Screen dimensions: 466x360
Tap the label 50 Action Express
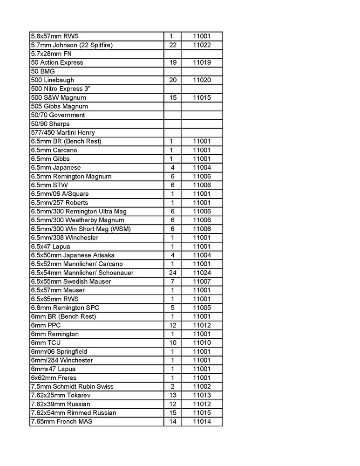57,62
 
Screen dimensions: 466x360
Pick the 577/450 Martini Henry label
62,133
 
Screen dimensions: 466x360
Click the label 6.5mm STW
48,185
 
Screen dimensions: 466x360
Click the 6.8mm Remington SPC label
65,308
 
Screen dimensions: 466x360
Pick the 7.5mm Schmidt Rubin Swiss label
72,387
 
